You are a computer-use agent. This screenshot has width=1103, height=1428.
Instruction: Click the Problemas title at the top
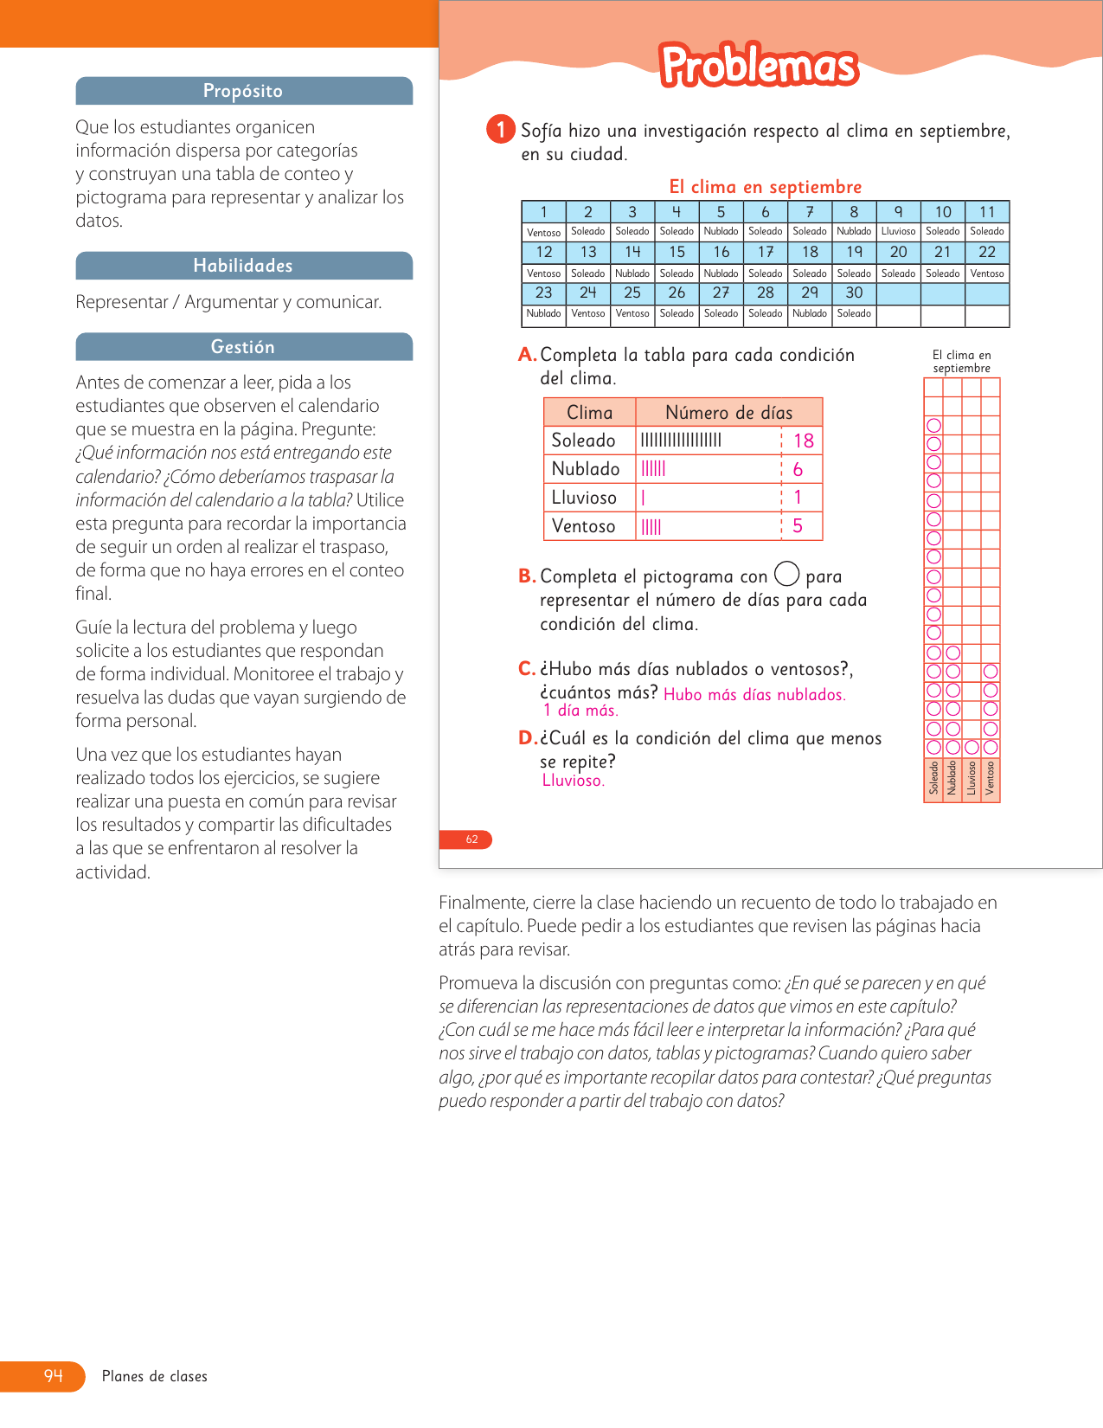pos(759,66)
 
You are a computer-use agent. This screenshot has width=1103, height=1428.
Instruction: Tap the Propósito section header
pos(243,91)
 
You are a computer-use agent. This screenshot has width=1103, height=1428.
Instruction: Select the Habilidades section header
pos(243,266)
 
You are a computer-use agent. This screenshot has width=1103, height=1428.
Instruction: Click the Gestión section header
pos(243,347)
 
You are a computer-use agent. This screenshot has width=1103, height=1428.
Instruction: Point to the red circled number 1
pos(500,130)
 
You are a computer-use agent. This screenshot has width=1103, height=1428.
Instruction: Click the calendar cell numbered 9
pos(898,212)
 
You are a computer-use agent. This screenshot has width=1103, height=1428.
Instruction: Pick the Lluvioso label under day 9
pos(898,232)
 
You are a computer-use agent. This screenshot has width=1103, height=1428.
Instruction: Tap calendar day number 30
pos(854,293)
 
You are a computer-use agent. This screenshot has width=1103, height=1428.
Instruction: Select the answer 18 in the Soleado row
pos(804,441)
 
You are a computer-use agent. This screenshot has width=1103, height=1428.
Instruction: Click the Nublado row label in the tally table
pos(586,469)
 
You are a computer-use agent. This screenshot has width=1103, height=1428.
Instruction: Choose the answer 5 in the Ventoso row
pos(798,526)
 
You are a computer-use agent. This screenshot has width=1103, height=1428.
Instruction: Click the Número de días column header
pos(728,413)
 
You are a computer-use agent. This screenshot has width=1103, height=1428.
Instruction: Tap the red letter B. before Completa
pos(527,576)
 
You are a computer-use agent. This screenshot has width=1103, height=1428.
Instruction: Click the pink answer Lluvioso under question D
pos(573,781)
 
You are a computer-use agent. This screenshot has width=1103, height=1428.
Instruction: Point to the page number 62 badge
pos(471,839)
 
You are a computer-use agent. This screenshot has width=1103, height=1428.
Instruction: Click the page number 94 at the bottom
pos(54,1376)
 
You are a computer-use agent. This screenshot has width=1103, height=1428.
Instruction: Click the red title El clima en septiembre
pos(766,187)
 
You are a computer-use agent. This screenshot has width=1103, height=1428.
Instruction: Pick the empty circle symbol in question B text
pos(786,574)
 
